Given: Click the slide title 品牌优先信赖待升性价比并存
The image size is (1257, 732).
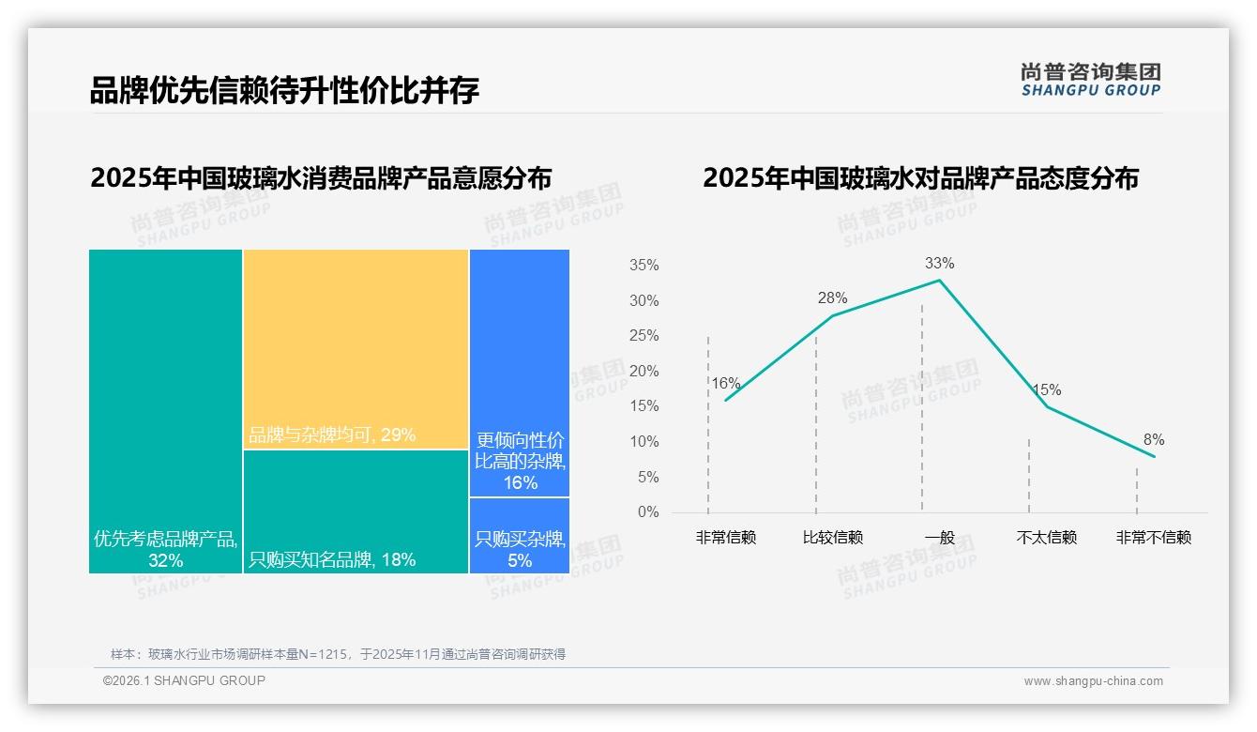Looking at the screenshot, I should (x=284, y=90).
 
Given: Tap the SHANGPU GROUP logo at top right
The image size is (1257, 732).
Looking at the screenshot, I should (x=1090, y=79).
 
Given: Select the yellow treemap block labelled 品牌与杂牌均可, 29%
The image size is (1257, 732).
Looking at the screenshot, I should (x=356, y=347).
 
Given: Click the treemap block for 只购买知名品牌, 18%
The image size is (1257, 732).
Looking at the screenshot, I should (x=356, y=511).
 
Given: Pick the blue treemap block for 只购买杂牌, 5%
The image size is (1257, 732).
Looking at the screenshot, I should (x=520, y=536).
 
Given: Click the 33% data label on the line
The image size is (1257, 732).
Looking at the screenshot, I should (x=939, y=263).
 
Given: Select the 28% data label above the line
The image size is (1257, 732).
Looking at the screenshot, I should (x=832, y=298).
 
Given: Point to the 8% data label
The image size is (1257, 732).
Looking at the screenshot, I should (x=1154, y=439).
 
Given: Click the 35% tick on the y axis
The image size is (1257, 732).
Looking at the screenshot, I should (x=644, y=266).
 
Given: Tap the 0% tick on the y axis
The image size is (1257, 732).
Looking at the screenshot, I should (x=648, y=512).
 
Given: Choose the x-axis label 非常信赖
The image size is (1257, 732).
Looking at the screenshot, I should (x=725, y=538).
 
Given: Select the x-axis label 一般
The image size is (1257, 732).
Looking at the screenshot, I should (x=939, y=538).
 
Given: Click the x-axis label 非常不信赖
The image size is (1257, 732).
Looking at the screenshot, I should (x=1154, y=538).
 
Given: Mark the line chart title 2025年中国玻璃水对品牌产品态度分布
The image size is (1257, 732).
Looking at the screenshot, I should (x=920, y=178).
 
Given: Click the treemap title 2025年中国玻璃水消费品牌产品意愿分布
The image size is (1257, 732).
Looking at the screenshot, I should (x=321, y=178).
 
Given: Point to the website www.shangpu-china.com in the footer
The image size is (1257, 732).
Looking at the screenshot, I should (x=1093, y=681).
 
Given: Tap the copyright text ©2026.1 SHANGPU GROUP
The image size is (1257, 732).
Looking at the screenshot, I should (x=184, y=680).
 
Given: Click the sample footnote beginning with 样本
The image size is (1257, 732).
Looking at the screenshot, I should (x=338, y=654).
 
